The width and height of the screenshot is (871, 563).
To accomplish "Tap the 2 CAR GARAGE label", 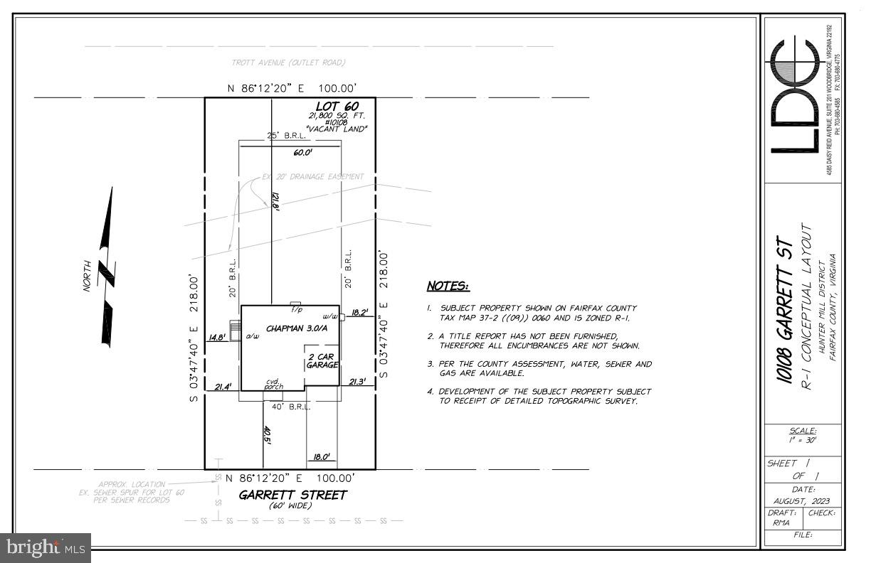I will coord(322,359).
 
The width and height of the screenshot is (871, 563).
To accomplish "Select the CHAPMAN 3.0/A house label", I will coord(297,328).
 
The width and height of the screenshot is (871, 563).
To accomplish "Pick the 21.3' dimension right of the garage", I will coord(357,382).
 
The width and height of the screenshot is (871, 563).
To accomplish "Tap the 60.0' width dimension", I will coord(302,152).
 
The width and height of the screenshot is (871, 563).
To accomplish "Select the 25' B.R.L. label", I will coord(286,134).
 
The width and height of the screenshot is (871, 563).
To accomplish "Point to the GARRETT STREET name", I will coord(292,495).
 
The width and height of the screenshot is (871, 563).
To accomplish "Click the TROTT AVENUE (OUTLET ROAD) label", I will coord(288,63).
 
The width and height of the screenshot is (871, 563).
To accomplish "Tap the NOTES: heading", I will coord(448,286).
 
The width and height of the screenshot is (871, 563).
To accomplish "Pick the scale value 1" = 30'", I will coord(803,441).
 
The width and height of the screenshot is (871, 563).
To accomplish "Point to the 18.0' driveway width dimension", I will coord(322,457).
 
